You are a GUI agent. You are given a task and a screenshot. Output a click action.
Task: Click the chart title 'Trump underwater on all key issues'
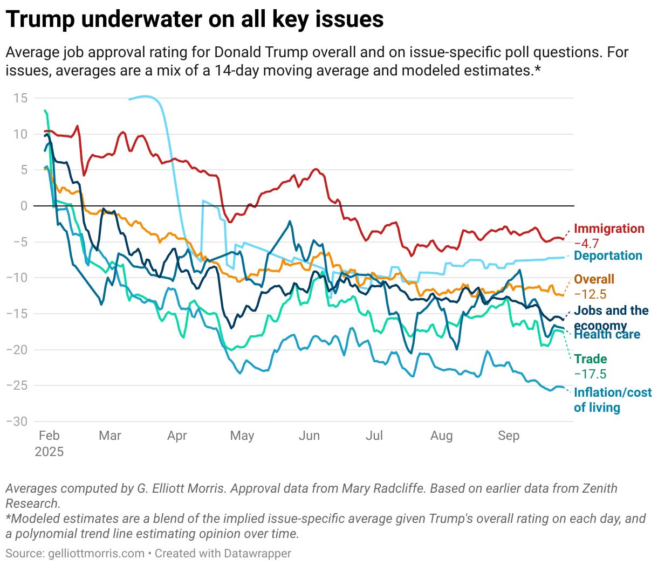(195, 19)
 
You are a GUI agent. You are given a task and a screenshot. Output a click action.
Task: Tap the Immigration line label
(609, 229)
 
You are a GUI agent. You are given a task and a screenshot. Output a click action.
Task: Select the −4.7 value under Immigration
(586, 243)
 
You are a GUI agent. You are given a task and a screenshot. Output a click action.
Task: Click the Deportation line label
(608, 256)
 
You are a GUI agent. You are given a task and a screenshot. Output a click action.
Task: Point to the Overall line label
(594, 279)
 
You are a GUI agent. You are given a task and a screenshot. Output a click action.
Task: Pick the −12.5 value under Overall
(590, 294)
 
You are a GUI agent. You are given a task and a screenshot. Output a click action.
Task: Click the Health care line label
(607, 335)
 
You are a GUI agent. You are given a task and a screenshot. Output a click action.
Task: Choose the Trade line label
(590, 359)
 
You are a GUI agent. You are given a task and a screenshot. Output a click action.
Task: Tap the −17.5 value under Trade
(590, 374)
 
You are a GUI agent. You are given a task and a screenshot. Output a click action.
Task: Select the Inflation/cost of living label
(612, 399)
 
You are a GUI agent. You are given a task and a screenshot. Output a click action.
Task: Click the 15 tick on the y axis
(20, 98)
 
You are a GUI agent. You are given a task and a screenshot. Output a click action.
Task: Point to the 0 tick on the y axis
(24, 206)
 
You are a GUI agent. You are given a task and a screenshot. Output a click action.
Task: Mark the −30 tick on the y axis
(17, 422)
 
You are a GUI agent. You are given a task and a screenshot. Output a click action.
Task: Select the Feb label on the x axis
(49, 436)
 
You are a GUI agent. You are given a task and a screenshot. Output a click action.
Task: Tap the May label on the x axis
(242, 436)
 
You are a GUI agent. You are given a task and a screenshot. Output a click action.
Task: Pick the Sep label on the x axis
(509, 436)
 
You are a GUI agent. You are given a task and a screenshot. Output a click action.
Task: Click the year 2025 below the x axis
(49, 452)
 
